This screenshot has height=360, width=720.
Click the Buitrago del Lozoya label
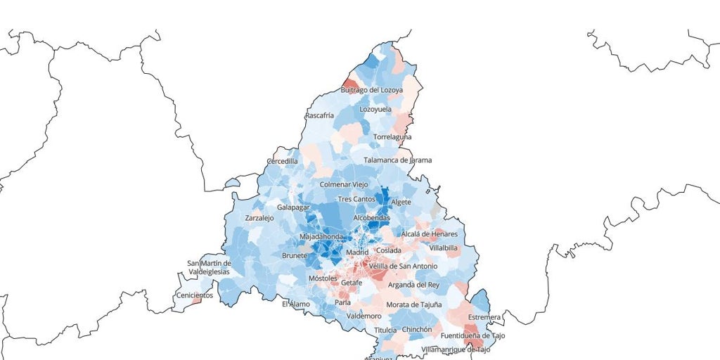point(371,90)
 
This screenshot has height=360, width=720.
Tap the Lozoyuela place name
point(376,110)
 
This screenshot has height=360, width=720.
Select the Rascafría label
point(320,115)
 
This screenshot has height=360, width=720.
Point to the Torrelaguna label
point(392,136)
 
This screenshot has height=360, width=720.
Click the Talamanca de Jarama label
point(397,160)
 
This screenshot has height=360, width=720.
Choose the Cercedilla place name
point(282,161)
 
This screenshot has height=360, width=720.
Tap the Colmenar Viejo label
point(344,184)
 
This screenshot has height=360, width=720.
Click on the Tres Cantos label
point(356,200)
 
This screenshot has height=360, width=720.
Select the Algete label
point(401,202)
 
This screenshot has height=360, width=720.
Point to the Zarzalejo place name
point(259,219)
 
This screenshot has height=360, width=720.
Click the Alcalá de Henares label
point(429,233)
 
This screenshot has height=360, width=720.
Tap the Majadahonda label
point(321,237)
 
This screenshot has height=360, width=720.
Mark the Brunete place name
point(295,256)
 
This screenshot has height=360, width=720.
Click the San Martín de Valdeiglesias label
point(209,268)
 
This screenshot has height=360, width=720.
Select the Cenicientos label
point(195,295)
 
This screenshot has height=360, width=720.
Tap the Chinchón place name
point(416,329)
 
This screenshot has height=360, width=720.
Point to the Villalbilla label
point(443,248)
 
